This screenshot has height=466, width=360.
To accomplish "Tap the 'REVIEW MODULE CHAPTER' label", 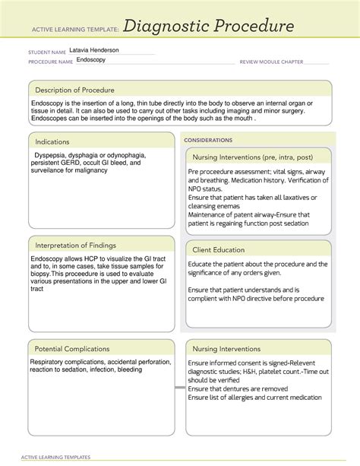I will pos(272,62).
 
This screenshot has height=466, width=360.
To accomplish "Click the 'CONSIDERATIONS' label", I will pos(208,141).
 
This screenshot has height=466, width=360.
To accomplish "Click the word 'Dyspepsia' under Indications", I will pos(49,155).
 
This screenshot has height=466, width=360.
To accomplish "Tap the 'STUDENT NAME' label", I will pos(47,52).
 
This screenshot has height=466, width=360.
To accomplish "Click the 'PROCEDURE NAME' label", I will pos(51,62).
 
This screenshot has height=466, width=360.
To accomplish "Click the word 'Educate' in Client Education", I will pos(202,264).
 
